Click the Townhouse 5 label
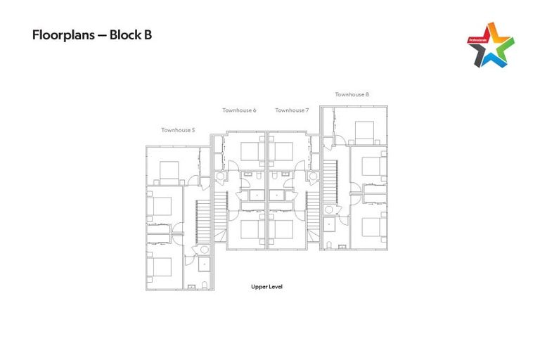[178, 130]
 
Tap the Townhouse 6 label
[239, 110]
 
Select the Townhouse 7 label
[291, 110]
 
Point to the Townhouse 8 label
[352, 94]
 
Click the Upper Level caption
[266, 287]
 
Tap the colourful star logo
[490, 44]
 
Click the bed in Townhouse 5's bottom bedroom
[162, 268]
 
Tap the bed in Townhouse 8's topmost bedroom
[364, 131]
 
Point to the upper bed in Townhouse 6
[251, 151]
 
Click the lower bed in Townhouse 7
[282, 230]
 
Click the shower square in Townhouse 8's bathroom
[330, 227]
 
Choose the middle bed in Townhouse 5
[162, 206]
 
